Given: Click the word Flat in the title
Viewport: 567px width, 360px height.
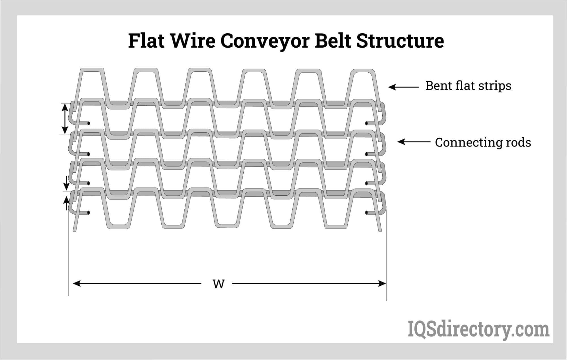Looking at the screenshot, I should click(146, 41).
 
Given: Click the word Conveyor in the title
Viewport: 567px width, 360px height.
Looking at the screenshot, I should click(265, 41).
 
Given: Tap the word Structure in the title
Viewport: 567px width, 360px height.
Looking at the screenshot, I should click(400, 41).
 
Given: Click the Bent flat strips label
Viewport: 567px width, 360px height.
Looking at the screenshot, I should click(468, 86).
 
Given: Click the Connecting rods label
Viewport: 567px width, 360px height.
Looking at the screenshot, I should click(483, 142).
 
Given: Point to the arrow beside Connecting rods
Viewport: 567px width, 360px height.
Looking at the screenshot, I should click(414, 142).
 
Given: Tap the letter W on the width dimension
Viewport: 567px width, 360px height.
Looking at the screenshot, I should click(218, 284).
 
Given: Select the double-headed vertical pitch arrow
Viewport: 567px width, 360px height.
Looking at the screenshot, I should click(65, 118).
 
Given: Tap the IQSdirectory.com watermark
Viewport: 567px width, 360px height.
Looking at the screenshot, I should click(478, 329).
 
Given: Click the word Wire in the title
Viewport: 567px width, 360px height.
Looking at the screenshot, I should click(193, 41).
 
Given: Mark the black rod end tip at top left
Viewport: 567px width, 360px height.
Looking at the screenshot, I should click(88, 123).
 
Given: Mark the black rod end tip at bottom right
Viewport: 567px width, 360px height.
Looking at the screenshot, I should click(367, 213).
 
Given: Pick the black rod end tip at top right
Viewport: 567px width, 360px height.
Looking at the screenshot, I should click(367, 123).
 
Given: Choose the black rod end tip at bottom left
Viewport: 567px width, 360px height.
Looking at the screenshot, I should click(88, 213).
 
